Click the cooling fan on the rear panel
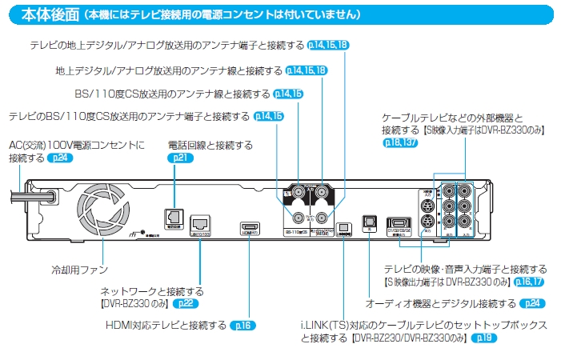(102, 211)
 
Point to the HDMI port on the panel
(249, 226)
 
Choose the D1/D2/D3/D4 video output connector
(399, 225)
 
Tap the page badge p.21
(179, 158)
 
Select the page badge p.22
(185, 304)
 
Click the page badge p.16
(242, 326)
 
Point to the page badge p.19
(484, 338)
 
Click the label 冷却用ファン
(79, 270)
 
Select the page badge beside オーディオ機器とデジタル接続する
(532, 304)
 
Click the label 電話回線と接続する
(210, 146)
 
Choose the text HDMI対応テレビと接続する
(166, 326)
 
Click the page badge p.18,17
(529, 282)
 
